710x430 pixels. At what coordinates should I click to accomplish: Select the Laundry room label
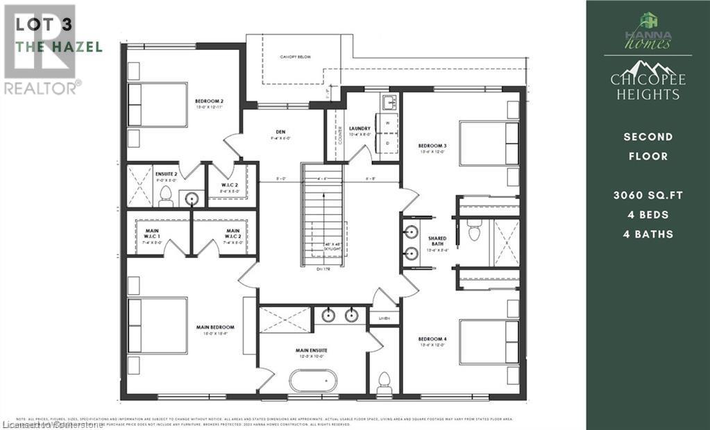360,129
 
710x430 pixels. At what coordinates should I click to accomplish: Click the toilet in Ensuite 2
165,196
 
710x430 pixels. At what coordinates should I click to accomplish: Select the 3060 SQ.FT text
648,196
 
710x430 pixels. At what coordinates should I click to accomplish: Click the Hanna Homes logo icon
648,21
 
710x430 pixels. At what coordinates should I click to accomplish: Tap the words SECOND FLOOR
648,146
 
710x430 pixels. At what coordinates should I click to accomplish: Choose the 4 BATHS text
648,234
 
